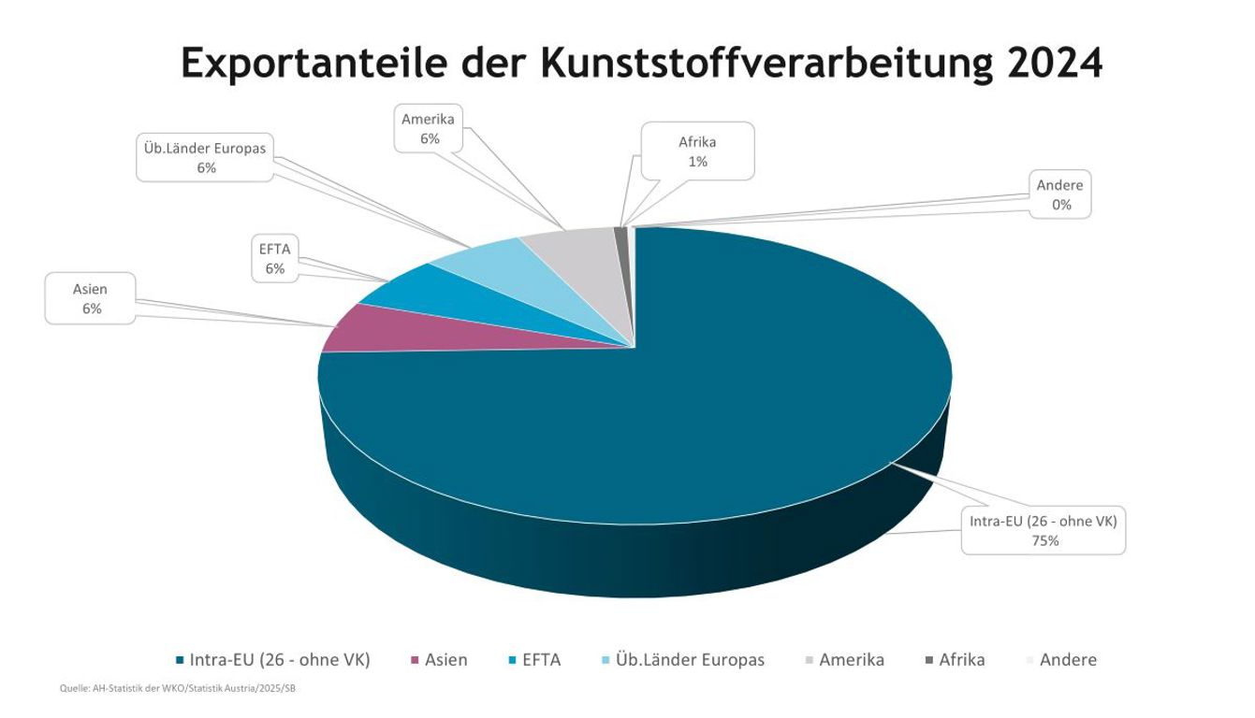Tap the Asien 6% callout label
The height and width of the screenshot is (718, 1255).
point(91,299)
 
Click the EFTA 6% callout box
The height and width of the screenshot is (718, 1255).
point(274,259)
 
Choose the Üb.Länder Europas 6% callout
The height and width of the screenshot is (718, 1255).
point(206,158)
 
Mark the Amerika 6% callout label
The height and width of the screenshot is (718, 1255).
point(429,129)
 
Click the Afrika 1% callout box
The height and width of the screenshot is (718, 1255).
point(697,151)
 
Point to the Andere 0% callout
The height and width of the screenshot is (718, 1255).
point(1059,195)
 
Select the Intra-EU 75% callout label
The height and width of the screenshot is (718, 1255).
point(1043,530)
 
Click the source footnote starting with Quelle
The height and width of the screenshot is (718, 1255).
point(178,689)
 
